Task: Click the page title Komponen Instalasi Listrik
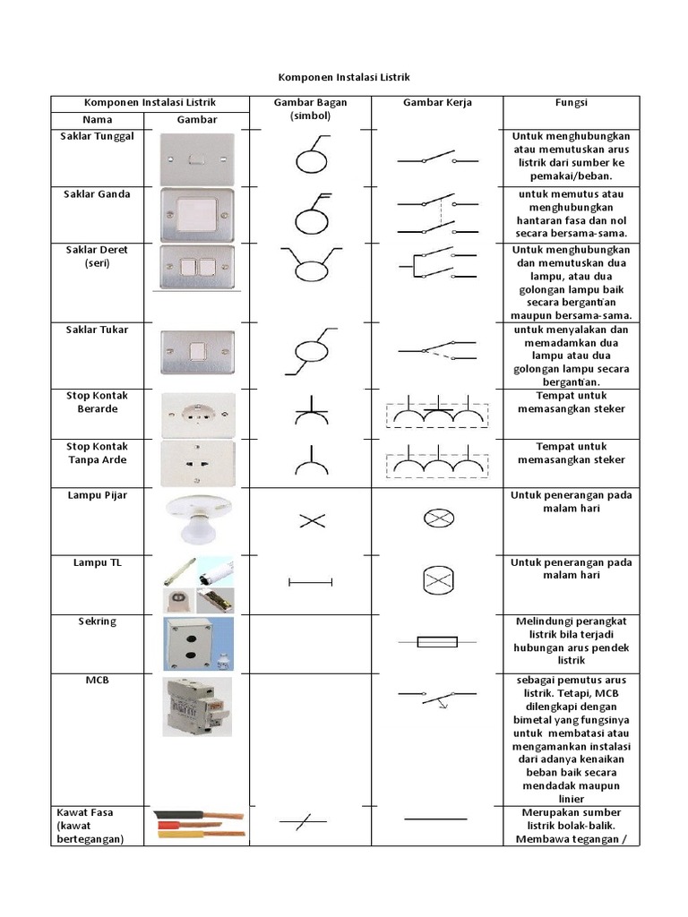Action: pyautogui.click(x=344, y=78)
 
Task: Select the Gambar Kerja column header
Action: pyautogui.click(x=437, y=102)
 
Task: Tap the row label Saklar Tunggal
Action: pyautogui.click(x=97, y=136)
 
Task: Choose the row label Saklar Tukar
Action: pyautogui.click(x=97, y=330)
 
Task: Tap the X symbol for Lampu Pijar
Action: pyautogui.click(x=311, y=520)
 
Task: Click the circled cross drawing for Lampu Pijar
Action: pyautogui.click(x=436, y=518)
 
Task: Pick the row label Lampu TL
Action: pyautogui.click(x=97, y=562)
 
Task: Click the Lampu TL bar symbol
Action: pyautogui.click(x=310, y=582)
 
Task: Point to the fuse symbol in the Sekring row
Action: pyautogui.click(x=436, y=641)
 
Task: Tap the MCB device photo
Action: pyautogui.click(x=197, y=707)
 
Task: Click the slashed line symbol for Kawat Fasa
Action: pyautogui.click(x=303, y=820)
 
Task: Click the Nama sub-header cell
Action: pyautogui.click(x=97, y=119)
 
